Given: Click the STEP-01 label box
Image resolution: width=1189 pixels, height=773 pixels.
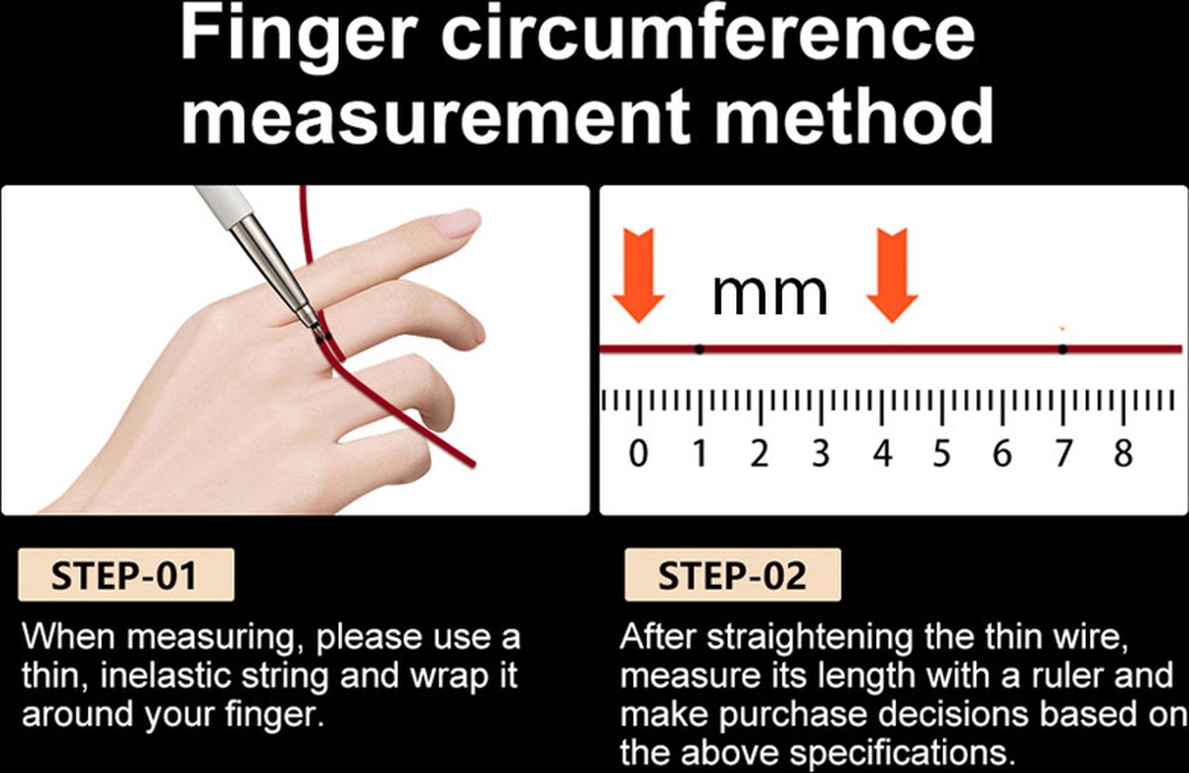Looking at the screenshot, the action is pyautogui.click(x=126, y=575).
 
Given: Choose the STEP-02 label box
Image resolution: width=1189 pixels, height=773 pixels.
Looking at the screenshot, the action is pyautogui.click(x=732, y=575).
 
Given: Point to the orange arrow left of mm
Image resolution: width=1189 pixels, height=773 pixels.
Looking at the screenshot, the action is pyautogui.click(x=638, y=276).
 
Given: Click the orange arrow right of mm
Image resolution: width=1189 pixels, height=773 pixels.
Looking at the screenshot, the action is pyautogui.click(x=893, y=276).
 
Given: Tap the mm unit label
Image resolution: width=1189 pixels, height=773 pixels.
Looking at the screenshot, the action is pyautogui.click(x=770, y=295).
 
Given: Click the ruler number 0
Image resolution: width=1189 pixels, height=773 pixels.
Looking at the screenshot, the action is pyautogui.click(x=638, y=454).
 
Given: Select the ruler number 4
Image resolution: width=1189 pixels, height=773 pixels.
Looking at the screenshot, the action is pyautogui.click(x=883, y=454).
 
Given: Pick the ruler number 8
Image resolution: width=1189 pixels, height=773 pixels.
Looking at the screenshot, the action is pyautogui.click(x=1124, y=454).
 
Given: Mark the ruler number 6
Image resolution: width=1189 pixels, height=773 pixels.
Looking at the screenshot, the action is pyautogui.click(x=1002, y=454).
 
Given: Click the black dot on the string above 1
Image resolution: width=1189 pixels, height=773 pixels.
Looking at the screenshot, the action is pyautogui.click(x=700, y=349).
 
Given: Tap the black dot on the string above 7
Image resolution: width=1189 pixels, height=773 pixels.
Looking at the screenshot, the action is pyautogui.click(x=1062, y=349).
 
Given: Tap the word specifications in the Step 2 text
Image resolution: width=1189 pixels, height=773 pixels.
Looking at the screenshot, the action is pyautogui.click(x=897, y=754).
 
